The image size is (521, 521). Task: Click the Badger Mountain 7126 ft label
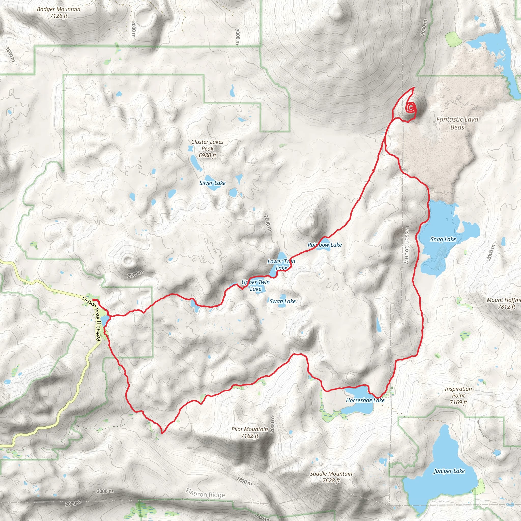coord(59,12)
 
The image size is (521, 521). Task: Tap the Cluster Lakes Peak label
coord(207,148)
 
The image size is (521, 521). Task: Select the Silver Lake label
coord(212,183)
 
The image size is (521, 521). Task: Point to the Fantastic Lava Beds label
coord(457,123)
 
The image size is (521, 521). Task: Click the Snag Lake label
coord(443,239)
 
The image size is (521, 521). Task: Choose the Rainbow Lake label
coord(325,244)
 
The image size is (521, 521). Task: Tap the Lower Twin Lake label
coord(281,265)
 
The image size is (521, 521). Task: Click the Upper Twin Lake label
coord(255,285)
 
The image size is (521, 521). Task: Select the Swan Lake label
coord(283,301)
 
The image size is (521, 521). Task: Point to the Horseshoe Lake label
coord(365,400)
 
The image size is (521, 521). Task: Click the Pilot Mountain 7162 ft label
coord(250,432)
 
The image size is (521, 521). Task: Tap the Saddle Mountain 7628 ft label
coord(331,477)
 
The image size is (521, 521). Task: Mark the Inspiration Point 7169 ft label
coord(458,395)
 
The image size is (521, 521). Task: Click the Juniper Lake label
coord(449,471)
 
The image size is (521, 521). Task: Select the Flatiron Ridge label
coord(205,493)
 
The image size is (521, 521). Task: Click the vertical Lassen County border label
coord(407,245)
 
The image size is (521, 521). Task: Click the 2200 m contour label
coord(135,274)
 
